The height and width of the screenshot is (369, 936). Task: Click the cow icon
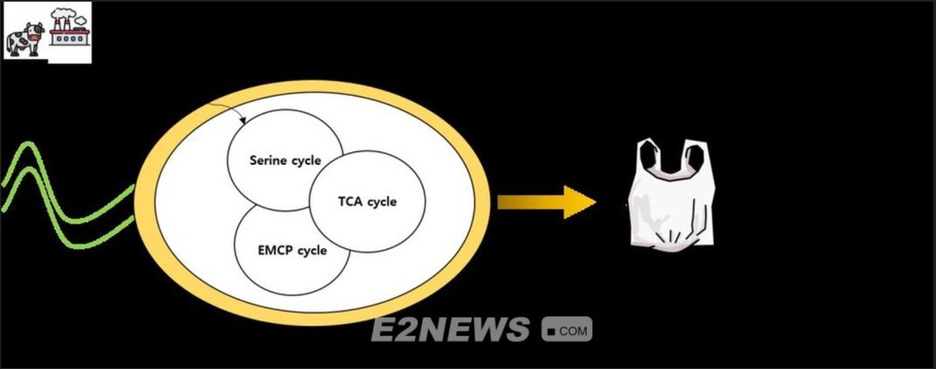click(x=24, y=39)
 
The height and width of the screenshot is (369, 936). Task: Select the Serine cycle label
click(x=285, y=160)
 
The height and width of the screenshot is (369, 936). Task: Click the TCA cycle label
click(x=367, y=201)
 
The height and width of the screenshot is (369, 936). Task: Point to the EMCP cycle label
click(x=292, y=250)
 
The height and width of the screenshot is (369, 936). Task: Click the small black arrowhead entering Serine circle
click(x=242, y=120)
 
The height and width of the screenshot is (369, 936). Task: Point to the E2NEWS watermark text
click(x=449, y=329)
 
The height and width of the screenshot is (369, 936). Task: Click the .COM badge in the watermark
click(x=566, y=330)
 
